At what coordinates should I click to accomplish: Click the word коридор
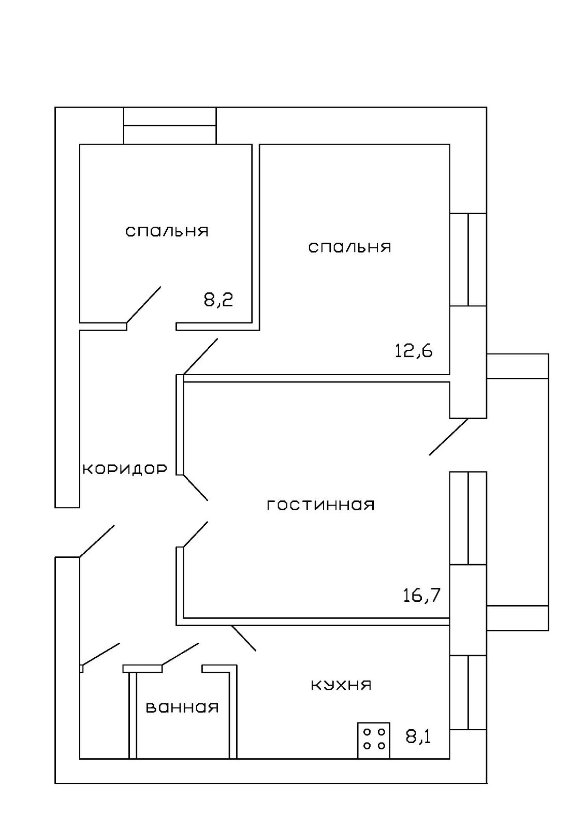(x=125, y=469)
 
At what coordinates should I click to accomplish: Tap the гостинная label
(x=320, y=505)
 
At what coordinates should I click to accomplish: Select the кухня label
(x=341, y=685)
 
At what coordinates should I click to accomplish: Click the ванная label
(x=182, y=707)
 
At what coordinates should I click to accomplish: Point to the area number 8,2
(x=218, y=300)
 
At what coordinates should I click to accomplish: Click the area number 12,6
(x=414, y=351)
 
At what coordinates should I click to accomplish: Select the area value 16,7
(x=421, y=595)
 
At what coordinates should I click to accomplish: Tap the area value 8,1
(x=418, y=736)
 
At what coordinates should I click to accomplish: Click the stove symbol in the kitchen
(x=373, y=740)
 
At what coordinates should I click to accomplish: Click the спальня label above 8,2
(x=167, y=231)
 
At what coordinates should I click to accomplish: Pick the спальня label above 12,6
(x=349, y=247)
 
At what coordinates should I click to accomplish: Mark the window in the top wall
(x=170, y=125)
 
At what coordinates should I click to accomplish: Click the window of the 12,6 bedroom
(x=468, y=259)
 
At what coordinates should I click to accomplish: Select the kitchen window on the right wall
(x=468, y=692)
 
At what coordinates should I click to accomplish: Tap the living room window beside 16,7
(x=468, y=517)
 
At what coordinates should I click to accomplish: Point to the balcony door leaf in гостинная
(x=448, y=437)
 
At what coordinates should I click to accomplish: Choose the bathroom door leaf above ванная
(x=180, y=654)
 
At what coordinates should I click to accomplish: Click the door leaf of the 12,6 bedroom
(x=200, y=356)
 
